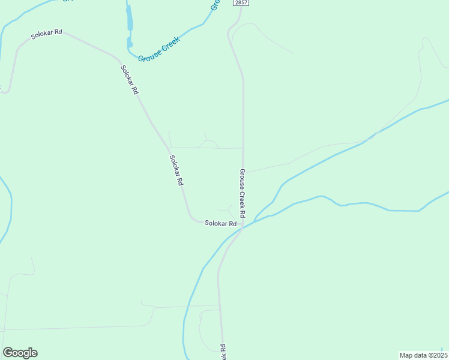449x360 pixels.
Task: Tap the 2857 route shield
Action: [x=241, y=3]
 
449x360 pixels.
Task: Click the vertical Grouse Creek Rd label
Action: [x=243, y=193]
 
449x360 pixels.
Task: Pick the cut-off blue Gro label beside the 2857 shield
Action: [x=214, y=6]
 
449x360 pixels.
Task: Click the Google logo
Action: [x=20, y=353]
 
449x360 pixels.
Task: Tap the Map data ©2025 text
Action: [x=423, y=355]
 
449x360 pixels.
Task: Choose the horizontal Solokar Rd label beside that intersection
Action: [x=220, y=223]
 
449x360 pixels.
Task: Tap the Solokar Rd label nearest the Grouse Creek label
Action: [x=130, y=79]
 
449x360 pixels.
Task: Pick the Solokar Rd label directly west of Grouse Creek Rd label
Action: [x=176, y=170]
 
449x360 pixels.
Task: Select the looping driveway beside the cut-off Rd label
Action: [x=204, y=327]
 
